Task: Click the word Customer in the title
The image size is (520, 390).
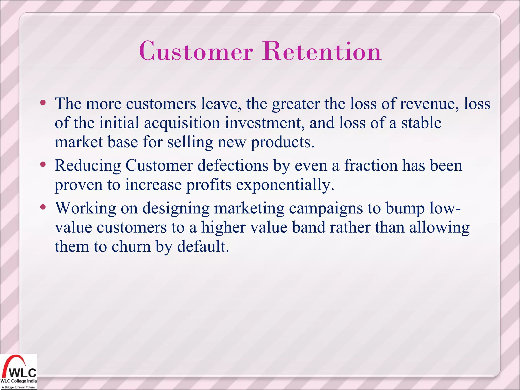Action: pos(196,51)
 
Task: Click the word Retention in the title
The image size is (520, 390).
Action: pos(322,51)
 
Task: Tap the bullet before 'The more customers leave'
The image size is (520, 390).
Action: pos(43,103)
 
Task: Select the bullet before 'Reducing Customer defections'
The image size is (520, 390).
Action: pos(43,165)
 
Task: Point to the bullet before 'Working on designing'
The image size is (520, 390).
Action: pos(43,207)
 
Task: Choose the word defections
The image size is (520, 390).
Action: pos(233,166)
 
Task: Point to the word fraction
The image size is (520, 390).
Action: pos(371,166)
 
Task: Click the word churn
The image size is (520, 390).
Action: pos(131,246)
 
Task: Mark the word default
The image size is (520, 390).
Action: pos(203,246)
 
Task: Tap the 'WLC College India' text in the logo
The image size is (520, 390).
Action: pos(19,381)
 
